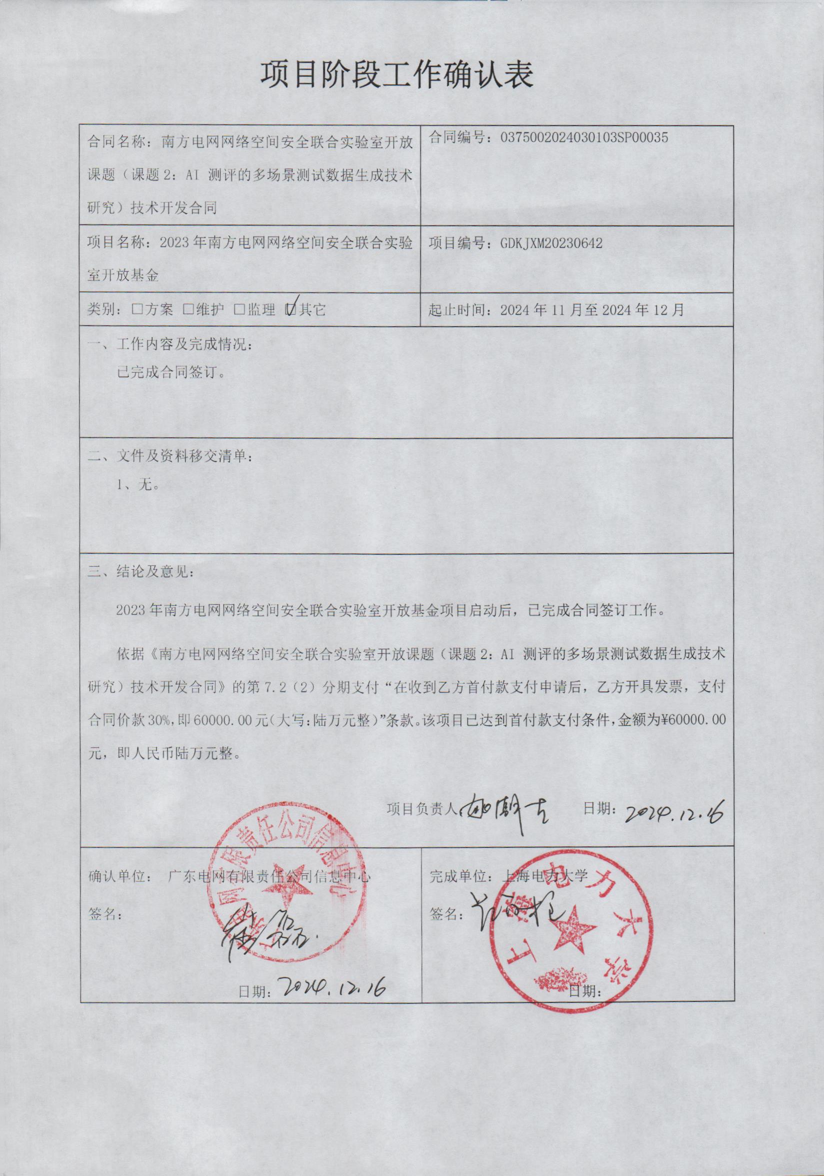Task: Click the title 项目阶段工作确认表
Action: (397, 76)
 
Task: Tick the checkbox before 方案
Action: (137, 310)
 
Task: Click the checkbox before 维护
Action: (188, 310)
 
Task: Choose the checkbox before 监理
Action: (239, 310)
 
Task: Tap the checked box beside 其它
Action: (291, 309)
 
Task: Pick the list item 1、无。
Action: (138, 485)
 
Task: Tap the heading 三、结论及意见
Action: (141, 572)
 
